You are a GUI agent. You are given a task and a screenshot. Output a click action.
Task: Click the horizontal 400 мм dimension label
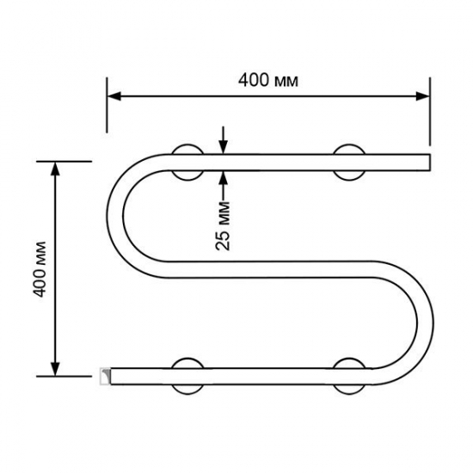(x=268, y=81)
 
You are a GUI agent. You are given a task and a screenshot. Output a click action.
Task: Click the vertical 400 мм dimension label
(x=39, y=268)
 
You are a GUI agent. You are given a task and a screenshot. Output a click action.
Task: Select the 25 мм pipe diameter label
(x=223, y=226)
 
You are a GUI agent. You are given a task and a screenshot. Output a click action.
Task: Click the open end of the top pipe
(x=425, y=162)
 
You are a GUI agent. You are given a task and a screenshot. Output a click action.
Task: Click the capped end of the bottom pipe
(x=105, y=373)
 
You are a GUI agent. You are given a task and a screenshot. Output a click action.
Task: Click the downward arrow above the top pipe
(x=223, y=145)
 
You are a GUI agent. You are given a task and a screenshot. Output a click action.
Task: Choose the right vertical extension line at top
(x=429, y=112)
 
